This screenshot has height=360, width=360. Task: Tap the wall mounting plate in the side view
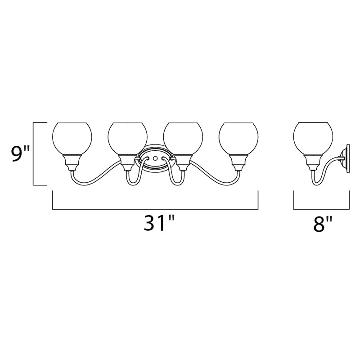(346, 159)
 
